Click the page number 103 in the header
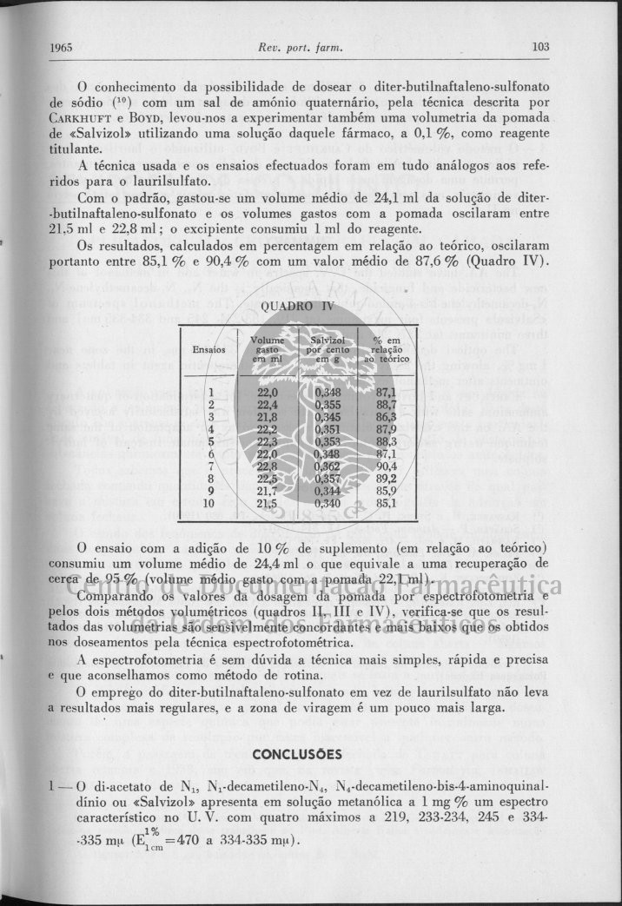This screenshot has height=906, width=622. (x=540, y=47)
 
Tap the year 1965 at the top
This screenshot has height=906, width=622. (x=61, y=47)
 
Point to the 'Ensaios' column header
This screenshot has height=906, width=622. (x=209, y=349)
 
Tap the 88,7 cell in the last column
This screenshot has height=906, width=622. (x=387, y=404)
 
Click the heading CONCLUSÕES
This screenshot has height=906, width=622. (x=298, y=753)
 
